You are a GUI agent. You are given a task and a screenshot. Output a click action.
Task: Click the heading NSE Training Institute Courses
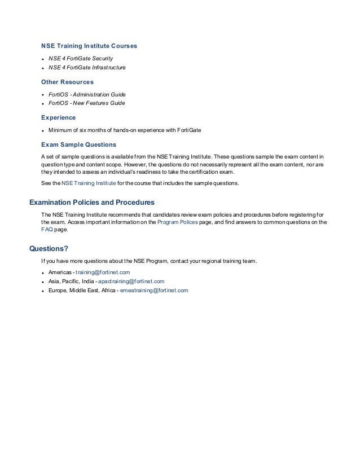[x=89, y=45]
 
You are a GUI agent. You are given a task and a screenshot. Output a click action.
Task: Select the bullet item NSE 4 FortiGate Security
[x=81, y=58]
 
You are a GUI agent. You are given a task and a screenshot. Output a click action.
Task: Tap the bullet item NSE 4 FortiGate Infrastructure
[x=87, y=68]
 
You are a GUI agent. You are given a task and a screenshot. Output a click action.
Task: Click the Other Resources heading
[x=67, y=82]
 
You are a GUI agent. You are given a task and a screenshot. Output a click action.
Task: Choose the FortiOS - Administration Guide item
[x=87, y=94]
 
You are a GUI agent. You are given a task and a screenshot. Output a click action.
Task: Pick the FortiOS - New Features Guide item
[x=86, y=103]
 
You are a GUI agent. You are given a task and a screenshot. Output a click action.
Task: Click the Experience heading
[x=58, y=117]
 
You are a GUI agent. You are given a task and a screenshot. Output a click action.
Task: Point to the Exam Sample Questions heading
[x=78, y=144]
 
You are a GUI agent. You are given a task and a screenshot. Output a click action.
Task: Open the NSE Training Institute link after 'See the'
[x=89, y=183]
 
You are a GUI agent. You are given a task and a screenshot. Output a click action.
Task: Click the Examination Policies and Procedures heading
[x=91, y=202]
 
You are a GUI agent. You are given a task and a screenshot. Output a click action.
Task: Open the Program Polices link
[x=177, y=222]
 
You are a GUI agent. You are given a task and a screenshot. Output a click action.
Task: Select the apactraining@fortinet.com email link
[x=131, y=281]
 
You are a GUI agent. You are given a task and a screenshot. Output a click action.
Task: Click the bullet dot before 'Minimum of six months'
[x=43, y=131]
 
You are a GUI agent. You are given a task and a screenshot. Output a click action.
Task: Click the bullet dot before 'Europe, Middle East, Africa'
[x=43, y=291]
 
